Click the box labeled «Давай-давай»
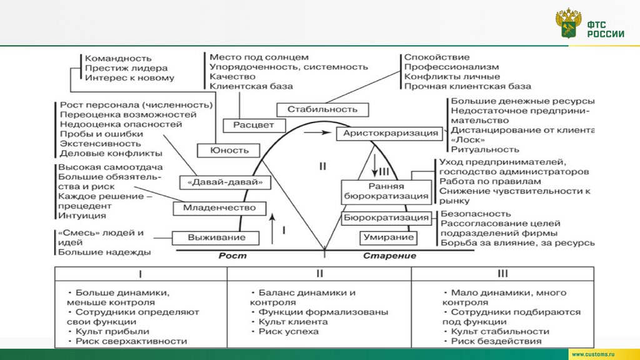click(220, 182)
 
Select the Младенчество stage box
click(219, 208)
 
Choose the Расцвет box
click(253, 125)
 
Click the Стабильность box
click(322, 109)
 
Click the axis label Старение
click(389, 256)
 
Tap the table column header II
click(319, 274)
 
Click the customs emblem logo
click(568, 24)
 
